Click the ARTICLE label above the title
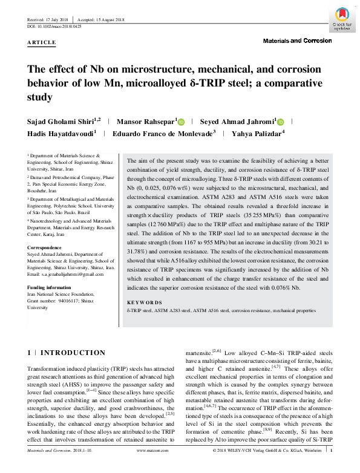[41, 42]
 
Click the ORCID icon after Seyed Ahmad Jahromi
[280, 121]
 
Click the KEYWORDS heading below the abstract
[145, 302]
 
